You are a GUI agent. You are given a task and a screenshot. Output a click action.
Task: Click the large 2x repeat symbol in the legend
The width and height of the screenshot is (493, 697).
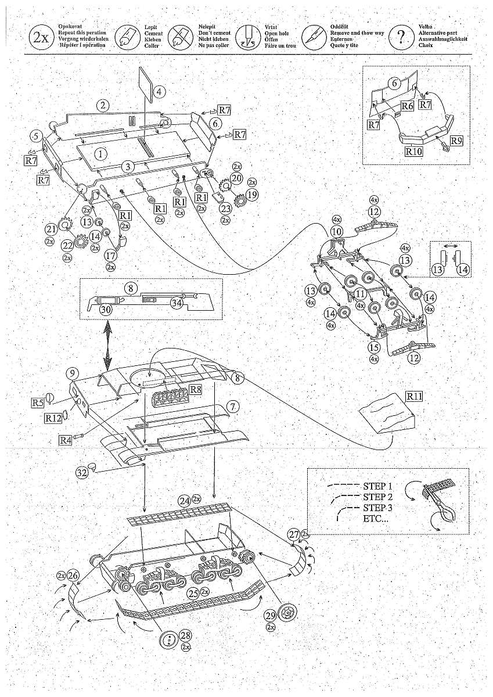(40, 37)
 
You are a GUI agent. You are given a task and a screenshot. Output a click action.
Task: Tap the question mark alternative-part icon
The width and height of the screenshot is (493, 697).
(401, 37)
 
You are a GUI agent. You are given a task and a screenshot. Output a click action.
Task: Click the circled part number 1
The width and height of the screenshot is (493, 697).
(101, 155)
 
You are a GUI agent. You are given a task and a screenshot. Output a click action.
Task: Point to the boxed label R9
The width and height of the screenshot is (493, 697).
(456, 140)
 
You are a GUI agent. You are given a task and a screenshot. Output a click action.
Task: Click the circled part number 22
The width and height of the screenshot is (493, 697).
(67, 246)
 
